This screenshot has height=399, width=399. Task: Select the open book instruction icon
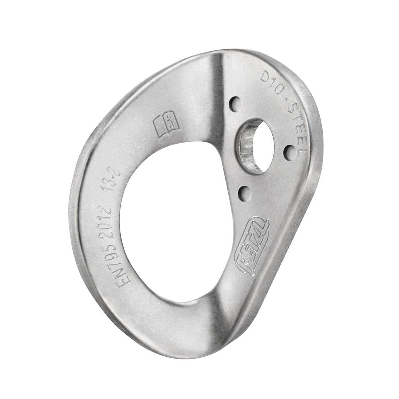(165, 125)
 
